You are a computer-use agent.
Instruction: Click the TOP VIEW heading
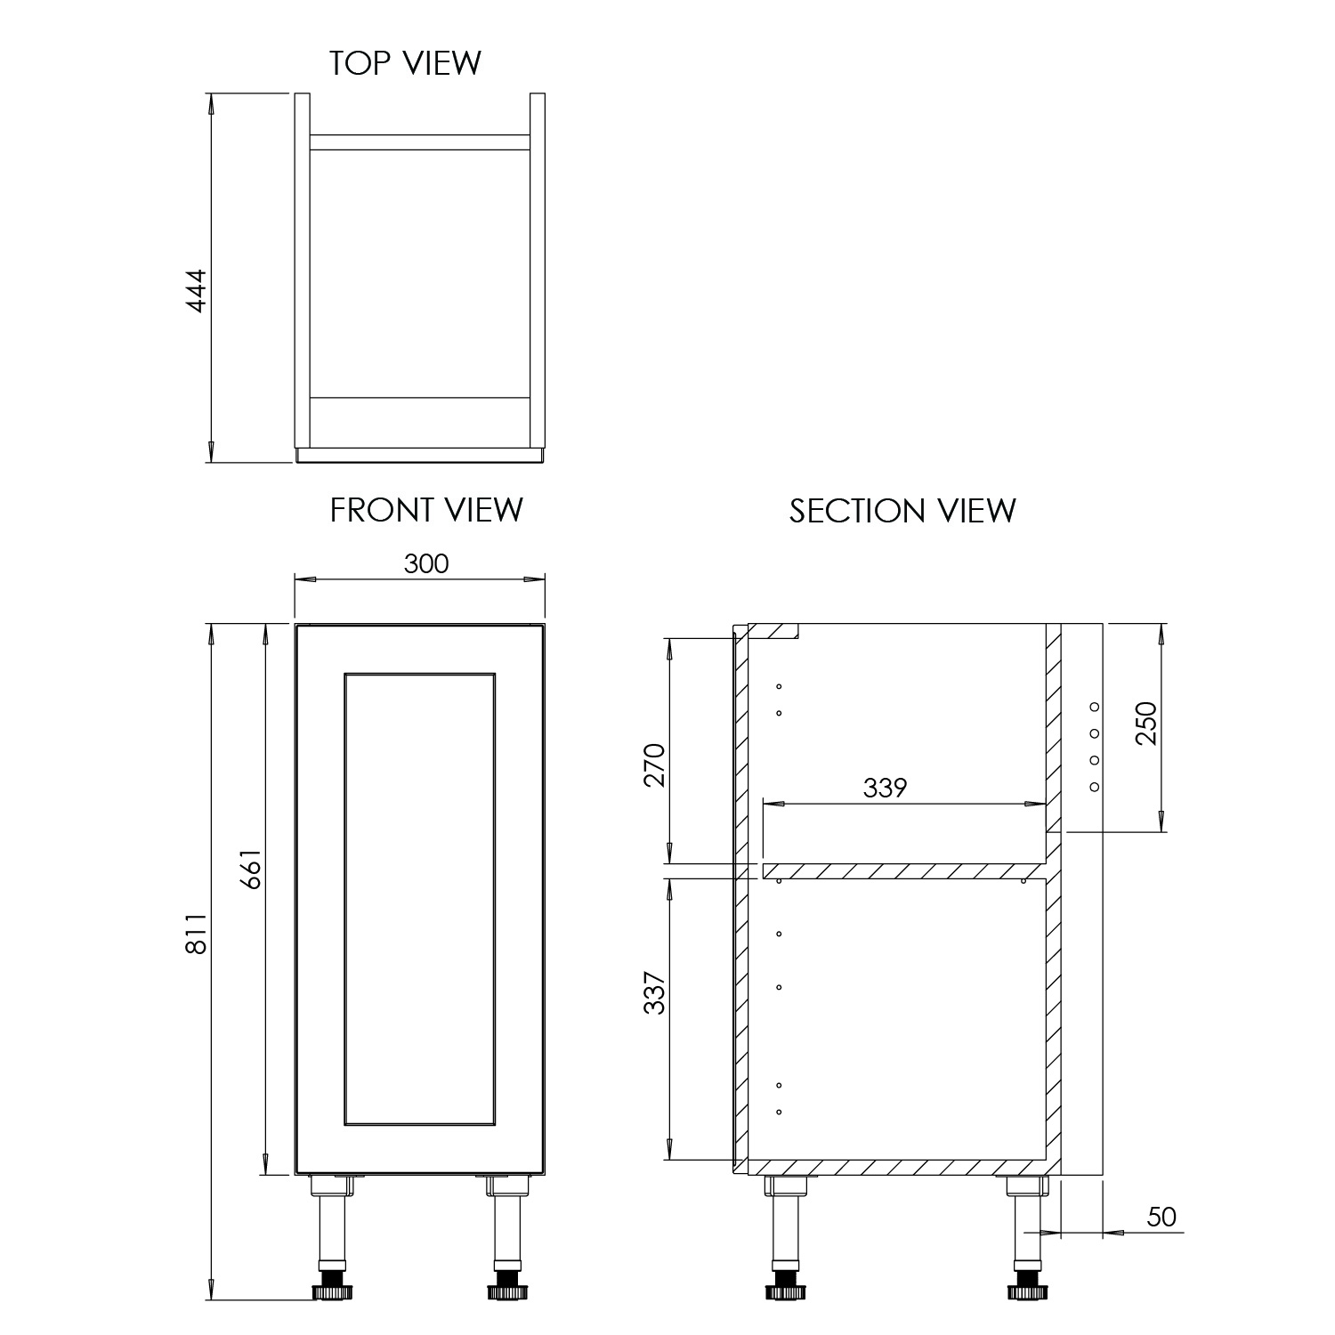(405, 64)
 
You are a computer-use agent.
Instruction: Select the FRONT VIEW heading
(426, 510)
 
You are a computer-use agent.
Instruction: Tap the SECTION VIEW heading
(902, 511)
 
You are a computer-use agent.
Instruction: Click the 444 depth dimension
(196, 289)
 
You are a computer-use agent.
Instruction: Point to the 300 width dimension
(426, 563)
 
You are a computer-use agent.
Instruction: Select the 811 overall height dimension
(196, 932)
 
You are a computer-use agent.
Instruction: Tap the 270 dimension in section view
(654, 764)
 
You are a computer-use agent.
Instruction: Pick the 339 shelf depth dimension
(885, 788)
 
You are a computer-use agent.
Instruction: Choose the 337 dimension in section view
(654, 992)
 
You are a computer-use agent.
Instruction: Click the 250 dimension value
(1146, 723)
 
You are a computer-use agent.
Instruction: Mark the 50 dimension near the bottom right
(1161, 1217)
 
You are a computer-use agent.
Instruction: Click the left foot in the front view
(331, 1289)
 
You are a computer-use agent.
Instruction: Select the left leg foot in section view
(786, 1289)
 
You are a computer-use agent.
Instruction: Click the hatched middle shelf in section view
(902, 870)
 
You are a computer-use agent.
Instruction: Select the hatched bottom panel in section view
(894, 1167)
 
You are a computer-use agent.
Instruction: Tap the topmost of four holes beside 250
(1094, 707)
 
